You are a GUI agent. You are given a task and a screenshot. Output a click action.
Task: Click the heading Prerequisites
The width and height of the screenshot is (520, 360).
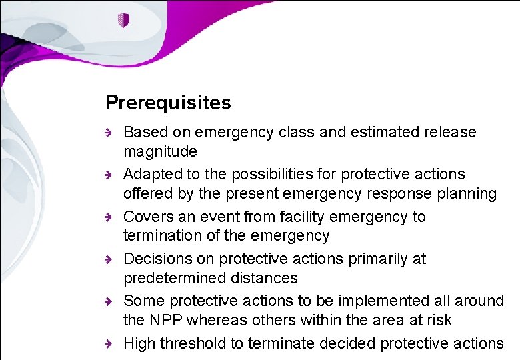click(x=168, y=103)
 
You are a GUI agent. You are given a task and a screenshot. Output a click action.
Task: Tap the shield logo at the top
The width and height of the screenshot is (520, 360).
click(x=122, y=21)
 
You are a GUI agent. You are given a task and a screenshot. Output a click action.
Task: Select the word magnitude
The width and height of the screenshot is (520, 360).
click(x=160, y=151)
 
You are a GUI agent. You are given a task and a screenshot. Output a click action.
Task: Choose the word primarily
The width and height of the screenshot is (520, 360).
click(x=374, y=259)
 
